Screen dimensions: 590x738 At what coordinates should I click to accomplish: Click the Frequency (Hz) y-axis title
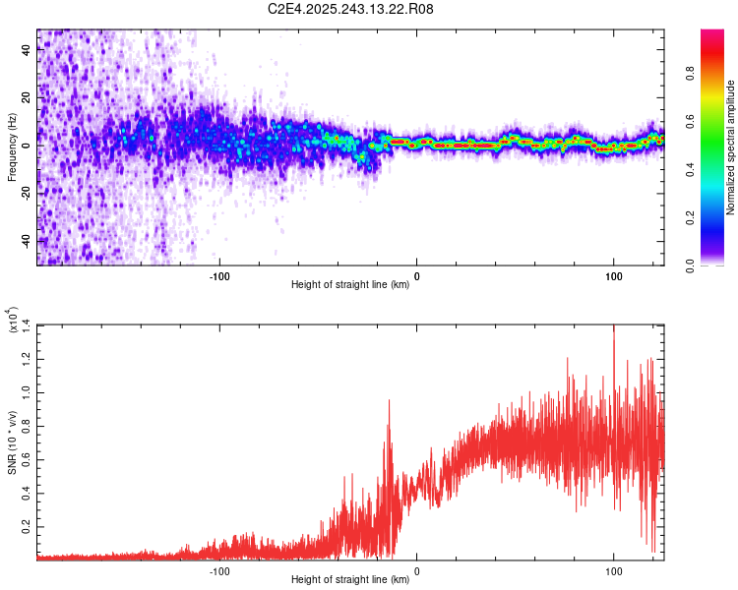pos(13,147)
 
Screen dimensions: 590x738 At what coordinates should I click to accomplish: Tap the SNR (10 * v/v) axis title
pos(13,441)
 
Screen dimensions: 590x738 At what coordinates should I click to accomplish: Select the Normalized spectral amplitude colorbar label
pos(730,147)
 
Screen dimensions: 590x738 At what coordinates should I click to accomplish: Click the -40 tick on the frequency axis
pos(25,241)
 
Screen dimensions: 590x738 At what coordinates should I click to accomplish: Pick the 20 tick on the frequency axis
pos(27,98)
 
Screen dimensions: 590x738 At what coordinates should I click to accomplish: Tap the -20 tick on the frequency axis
pos(25,194)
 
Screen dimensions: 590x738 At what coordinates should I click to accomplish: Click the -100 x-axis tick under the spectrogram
pos(219,275)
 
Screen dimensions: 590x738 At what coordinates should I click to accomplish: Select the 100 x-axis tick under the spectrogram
pos(614,275)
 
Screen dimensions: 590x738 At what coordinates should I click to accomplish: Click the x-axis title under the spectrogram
pos(350,286)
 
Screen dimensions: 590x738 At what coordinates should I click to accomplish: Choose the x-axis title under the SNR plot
pos(350,579)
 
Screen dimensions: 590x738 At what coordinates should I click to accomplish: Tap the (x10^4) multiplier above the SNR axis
pos(13,320)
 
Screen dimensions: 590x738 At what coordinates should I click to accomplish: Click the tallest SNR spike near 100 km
pos(614,327)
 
